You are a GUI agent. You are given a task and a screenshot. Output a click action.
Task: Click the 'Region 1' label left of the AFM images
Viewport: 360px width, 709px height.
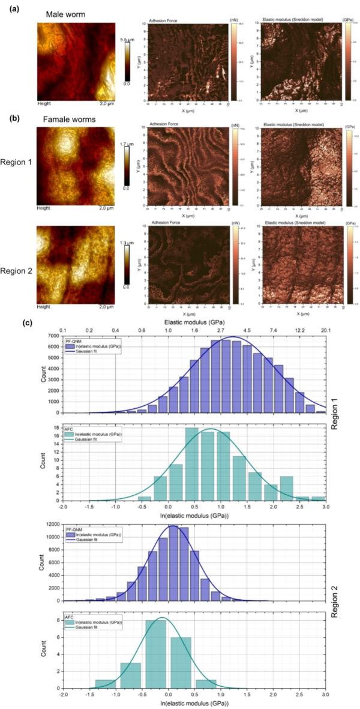point(17,162)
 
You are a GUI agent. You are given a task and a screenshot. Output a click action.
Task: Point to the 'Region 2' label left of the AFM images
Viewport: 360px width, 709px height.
point(17,262)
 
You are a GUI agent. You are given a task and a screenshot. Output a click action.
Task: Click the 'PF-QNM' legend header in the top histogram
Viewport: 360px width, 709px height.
point(74,341)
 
